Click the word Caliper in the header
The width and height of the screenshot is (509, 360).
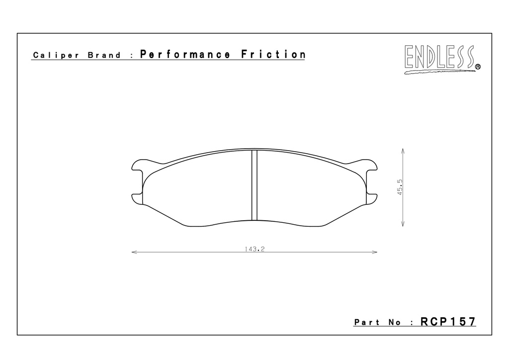(x=56, y=56)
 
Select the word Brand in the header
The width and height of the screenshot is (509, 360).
(x=104, y=55)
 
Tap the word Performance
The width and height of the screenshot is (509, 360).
(x=185, y=54)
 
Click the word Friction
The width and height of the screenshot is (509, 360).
(x=273, y=54)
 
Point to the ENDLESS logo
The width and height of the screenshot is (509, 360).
(x=442, y=59)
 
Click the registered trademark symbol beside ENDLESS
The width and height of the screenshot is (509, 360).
(x=478, y=67)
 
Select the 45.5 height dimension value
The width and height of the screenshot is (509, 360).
(x=400, y=187)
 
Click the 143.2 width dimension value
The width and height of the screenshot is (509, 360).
(x=255, y=249)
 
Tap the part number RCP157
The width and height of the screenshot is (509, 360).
(x=448, y=321)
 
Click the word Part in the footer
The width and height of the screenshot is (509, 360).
(x=367, y=322)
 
